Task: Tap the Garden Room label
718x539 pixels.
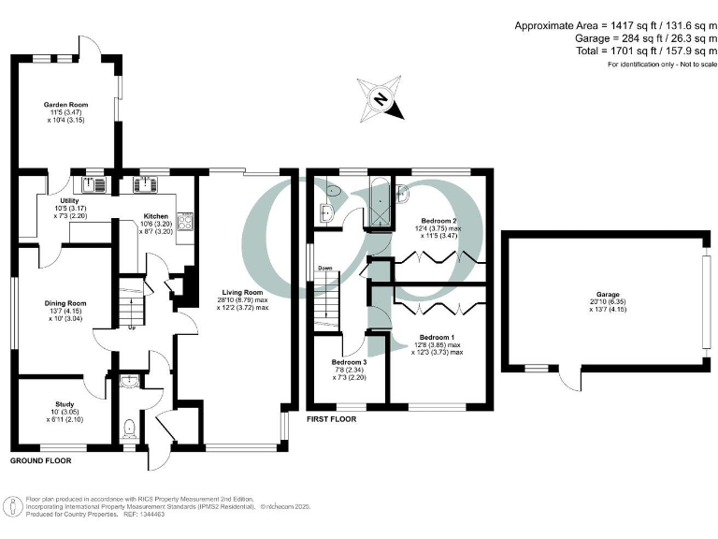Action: (65, 105)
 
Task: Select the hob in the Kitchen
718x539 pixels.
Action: (184, 222)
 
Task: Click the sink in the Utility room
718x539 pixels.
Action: (95, 183)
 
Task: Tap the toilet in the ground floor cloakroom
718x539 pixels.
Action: (129, 430)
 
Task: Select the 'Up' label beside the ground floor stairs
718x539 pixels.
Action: (133, 327)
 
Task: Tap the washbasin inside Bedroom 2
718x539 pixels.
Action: (403, 194)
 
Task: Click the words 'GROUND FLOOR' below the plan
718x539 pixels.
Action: (41, 461)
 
